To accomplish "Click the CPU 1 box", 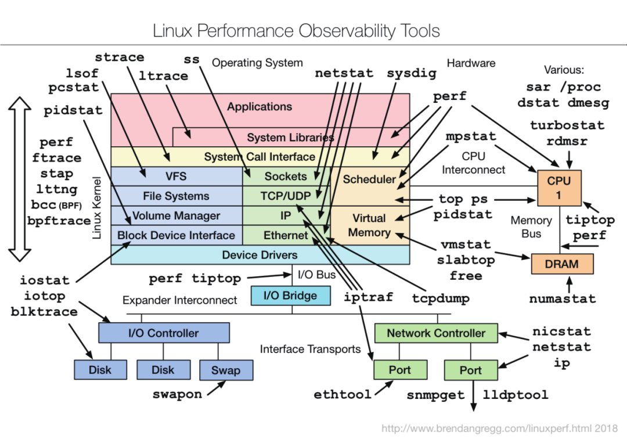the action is [559, 188].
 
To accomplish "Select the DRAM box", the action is [562, 264].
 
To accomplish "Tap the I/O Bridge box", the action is [291, 296].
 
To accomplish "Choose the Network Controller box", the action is [436, 333].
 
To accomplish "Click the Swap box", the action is [226, 370].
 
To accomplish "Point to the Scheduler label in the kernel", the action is [369, 179].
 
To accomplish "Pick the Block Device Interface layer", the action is [176, 235].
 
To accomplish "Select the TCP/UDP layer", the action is [286, 196].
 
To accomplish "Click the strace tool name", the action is [120, 57].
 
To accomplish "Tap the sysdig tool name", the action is [412, 74].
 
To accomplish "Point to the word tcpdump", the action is [441, 298].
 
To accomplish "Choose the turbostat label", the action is [567, 125].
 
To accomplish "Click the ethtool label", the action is [343, 395].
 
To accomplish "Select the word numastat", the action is [562, 298].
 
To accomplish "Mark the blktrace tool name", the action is [44, 311].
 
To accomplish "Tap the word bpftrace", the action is [59, 221].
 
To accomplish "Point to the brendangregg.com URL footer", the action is [499, 429].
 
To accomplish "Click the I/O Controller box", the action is [164, 333].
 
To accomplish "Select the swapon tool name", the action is [177, 395].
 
